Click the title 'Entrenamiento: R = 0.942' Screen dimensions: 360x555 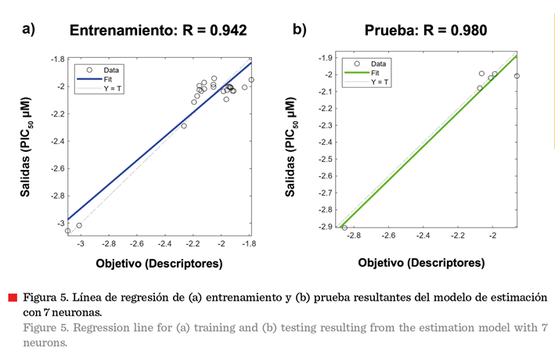[158, 31]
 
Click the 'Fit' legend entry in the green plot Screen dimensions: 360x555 [377, 72]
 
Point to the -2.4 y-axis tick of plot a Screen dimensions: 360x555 [55, 142]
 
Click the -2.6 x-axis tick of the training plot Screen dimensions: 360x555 [135, 244]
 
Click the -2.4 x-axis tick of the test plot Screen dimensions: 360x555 [423, 236]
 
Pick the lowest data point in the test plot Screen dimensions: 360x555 [344, 228]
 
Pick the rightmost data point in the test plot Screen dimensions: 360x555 [517, 76]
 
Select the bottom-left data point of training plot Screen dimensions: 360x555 [67, 231]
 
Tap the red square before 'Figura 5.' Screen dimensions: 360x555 [13, 297]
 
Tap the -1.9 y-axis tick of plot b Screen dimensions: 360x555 [327, 58]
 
